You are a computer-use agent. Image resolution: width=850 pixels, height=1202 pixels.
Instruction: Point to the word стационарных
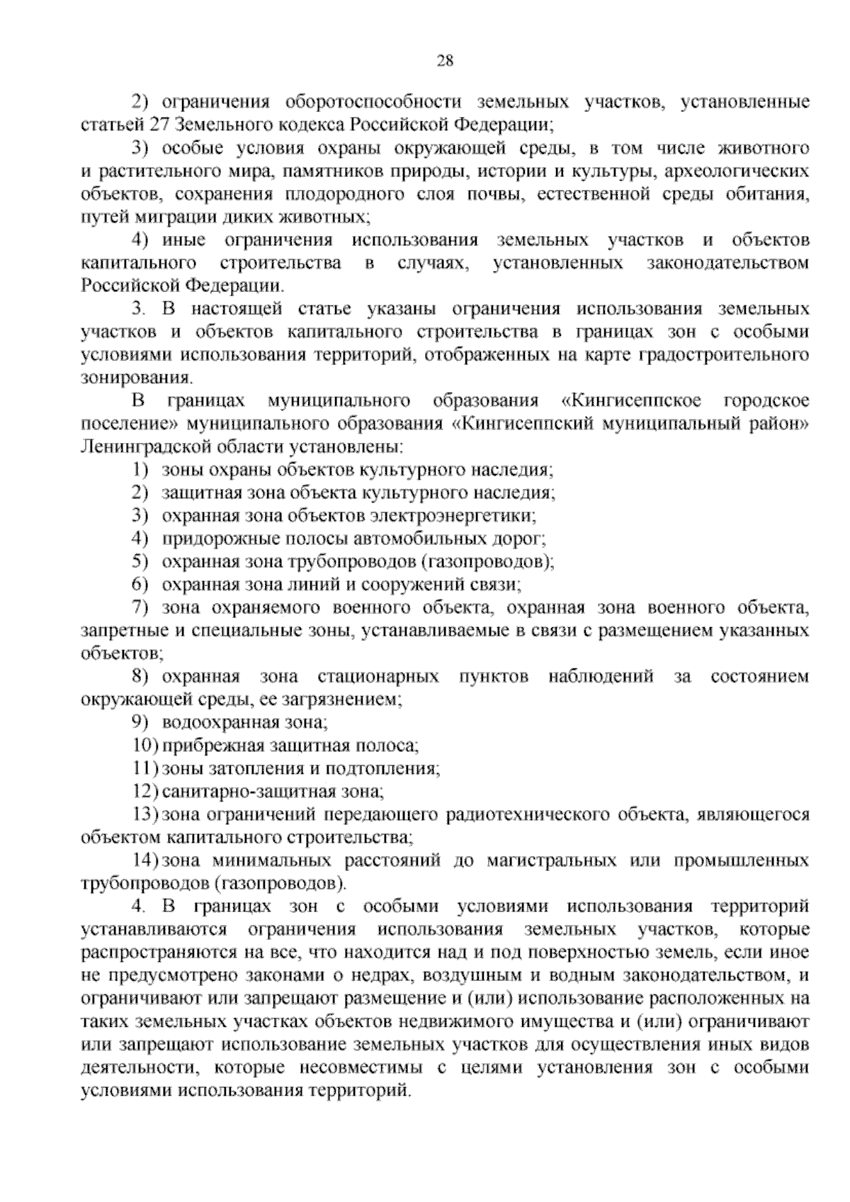378,677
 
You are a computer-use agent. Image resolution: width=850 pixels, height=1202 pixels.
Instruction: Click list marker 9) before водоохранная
141,723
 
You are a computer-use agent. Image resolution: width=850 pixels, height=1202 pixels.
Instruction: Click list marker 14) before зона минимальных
144,861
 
